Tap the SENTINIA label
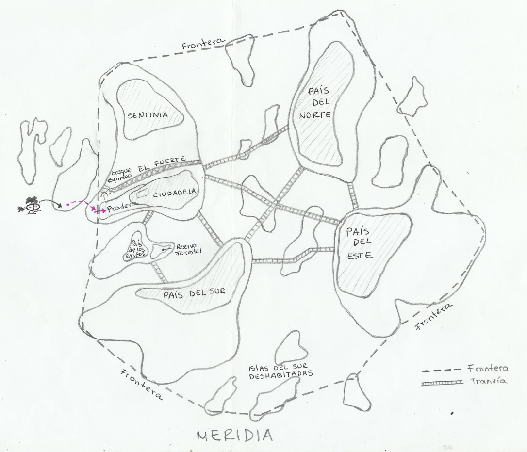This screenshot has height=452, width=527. pos(148,115)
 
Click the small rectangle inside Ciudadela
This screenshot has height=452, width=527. pos(142,193)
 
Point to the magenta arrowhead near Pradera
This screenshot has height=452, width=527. pos(103,211)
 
